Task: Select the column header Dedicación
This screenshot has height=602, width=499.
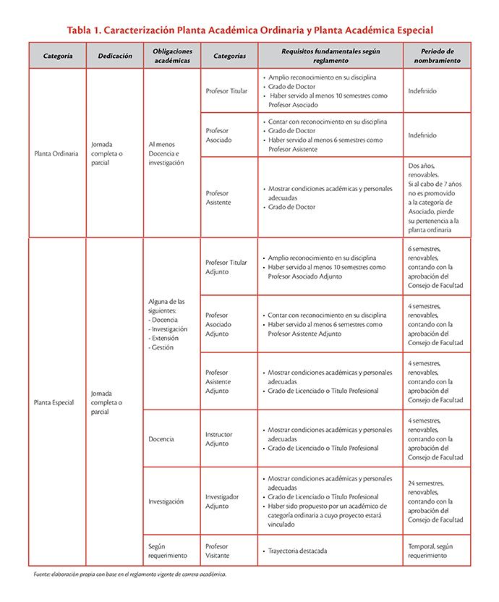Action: (x=114, y=56)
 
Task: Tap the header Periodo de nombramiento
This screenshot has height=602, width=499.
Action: (x=437, y=56)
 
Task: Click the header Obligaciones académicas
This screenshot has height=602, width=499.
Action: (x=172, y=56)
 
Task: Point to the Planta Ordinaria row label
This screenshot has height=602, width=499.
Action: (x=56, y=153)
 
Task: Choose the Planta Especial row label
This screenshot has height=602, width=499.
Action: (x=54, y=402)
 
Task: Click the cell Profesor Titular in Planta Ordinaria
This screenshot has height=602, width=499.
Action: (x=226, y=91)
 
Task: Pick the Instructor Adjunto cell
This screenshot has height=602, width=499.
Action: (x=219, y=439)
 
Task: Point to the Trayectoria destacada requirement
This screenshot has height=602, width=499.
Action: (x=297, y=551)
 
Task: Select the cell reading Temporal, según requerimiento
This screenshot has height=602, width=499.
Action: (x=432, y=551)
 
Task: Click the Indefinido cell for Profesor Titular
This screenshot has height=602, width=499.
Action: (x=422, y=91)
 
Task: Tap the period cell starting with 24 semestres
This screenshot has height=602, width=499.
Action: (x=435, y=501)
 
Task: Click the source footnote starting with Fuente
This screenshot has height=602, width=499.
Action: (x=130, y=575)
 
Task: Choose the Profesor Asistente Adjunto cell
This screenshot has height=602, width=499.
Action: (x=220, y=382)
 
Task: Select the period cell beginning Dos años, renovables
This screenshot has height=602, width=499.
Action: (x=434, y=198)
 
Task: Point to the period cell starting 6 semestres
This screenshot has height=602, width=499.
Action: (x=435, y=267)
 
